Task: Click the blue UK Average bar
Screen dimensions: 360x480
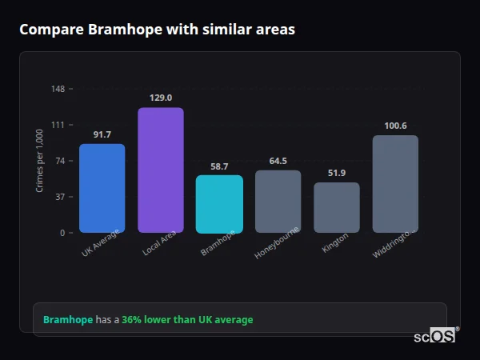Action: click(x=102, y=188)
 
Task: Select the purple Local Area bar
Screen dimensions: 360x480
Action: click(x=161, y=170)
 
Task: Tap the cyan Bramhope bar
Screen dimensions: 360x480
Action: click(x=219, y=204)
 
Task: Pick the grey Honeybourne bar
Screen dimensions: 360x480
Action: click(x=278, y=202)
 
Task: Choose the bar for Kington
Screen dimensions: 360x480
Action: click(x=337, y=207)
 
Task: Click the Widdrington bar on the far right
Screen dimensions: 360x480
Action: click(x=395, y=184)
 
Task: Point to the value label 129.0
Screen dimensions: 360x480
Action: click(x=161, y=98)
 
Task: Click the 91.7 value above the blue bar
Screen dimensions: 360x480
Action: click(x=102, y=134)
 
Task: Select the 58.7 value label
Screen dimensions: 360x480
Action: click(x=219, y=166)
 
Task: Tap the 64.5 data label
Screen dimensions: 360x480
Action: click(x=278, y=161)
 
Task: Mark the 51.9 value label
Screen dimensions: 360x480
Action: click(x=337, y=174)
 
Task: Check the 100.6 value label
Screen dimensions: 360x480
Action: click(x=395, y=126)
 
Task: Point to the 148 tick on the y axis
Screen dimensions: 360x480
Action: click(x=58, y=89)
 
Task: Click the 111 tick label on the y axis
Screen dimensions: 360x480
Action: click(x=58, y=125)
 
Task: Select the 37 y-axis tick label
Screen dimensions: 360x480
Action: click(x=60, y=197)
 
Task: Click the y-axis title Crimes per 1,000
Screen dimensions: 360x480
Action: click(x=39, y=161)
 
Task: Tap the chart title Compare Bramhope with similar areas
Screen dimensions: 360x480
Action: click(x=157, y=30)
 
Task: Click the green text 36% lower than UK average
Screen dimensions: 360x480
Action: click(x=187, y=320)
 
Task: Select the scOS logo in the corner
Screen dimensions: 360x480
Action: click(x=435, y=336)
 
